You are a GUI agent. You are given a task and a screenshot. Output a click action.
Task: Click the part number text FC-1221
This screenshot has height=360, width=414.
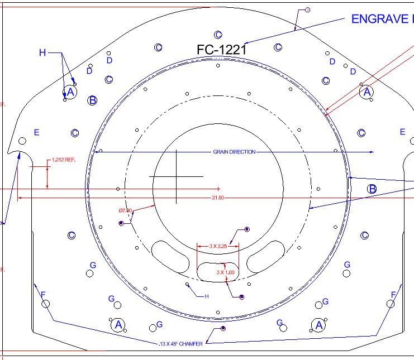click(x=221, y=50)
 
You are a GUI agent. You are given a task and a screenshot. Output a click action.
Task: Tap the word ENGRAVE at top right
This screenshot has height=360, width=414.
click(x=379, y=19)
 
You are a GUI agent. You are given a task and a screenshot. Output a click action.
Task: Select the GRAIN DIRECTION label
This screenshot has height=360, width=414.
click(x=234, y=152)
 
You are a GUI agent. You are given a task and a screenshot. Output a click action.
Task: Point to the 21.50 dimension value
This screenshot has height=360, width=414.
click(x=218, y=198)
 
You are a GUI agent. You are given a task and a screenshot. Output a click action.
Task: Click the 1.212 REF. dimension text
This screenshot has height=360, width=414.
click(x=63, y=160)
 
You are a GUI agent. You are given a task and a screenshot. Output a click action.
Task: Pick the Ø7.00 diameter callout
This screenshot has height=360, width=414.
click(x=125, y=210)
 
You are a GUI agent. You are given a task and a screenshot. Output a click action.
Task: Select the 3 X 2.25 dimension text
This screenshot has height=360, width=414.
click(x=217, y=246)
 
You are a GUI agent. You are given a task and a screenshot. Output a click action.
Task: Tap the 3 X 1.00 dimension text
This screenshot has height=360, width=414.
click(x=226, y=272)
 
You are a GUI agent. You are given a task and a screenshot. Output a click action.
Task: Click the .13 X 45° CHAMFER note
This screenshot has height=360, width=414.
click(x=180, y=344)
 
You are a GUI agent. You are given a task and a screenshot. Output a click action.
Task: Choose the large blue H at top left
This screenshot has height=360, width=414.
click(x=42, y=52)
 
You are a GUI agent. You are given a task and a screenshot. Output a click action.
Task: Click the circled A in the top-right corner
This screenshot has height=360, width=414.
click(x=367, y=92)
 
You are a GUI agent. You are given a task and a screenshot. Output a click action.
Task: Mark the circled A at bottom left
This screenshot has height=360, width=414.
click(x=117, y=324)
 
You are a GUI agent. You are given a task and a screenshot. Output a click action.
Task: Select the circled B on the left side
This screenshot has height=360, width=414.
click(x=93, y=100)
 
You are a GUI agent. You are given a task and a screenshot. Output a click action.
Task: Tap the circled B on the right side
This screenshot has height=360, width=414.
click(x=372, y=189)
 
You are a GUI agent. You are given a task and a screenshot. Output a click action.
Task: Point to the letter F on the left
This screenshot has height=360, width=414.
click(x=43, y=294)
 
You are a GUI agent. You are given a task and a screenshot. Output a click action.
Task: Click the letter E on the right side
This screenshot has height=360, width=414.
click(x=402, y=132)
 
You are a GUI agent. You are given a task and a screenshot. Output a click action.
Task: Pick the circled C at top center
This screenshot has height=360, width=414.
click(x=218, y=35)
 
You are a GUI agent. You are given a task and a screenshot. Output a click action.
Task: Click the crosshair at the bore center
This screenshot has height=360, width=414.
click(x=176, y=176)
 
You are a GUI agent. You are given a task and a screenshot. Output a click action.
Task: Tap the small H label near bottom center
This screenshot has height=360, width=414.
click(x=206, y=296)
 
